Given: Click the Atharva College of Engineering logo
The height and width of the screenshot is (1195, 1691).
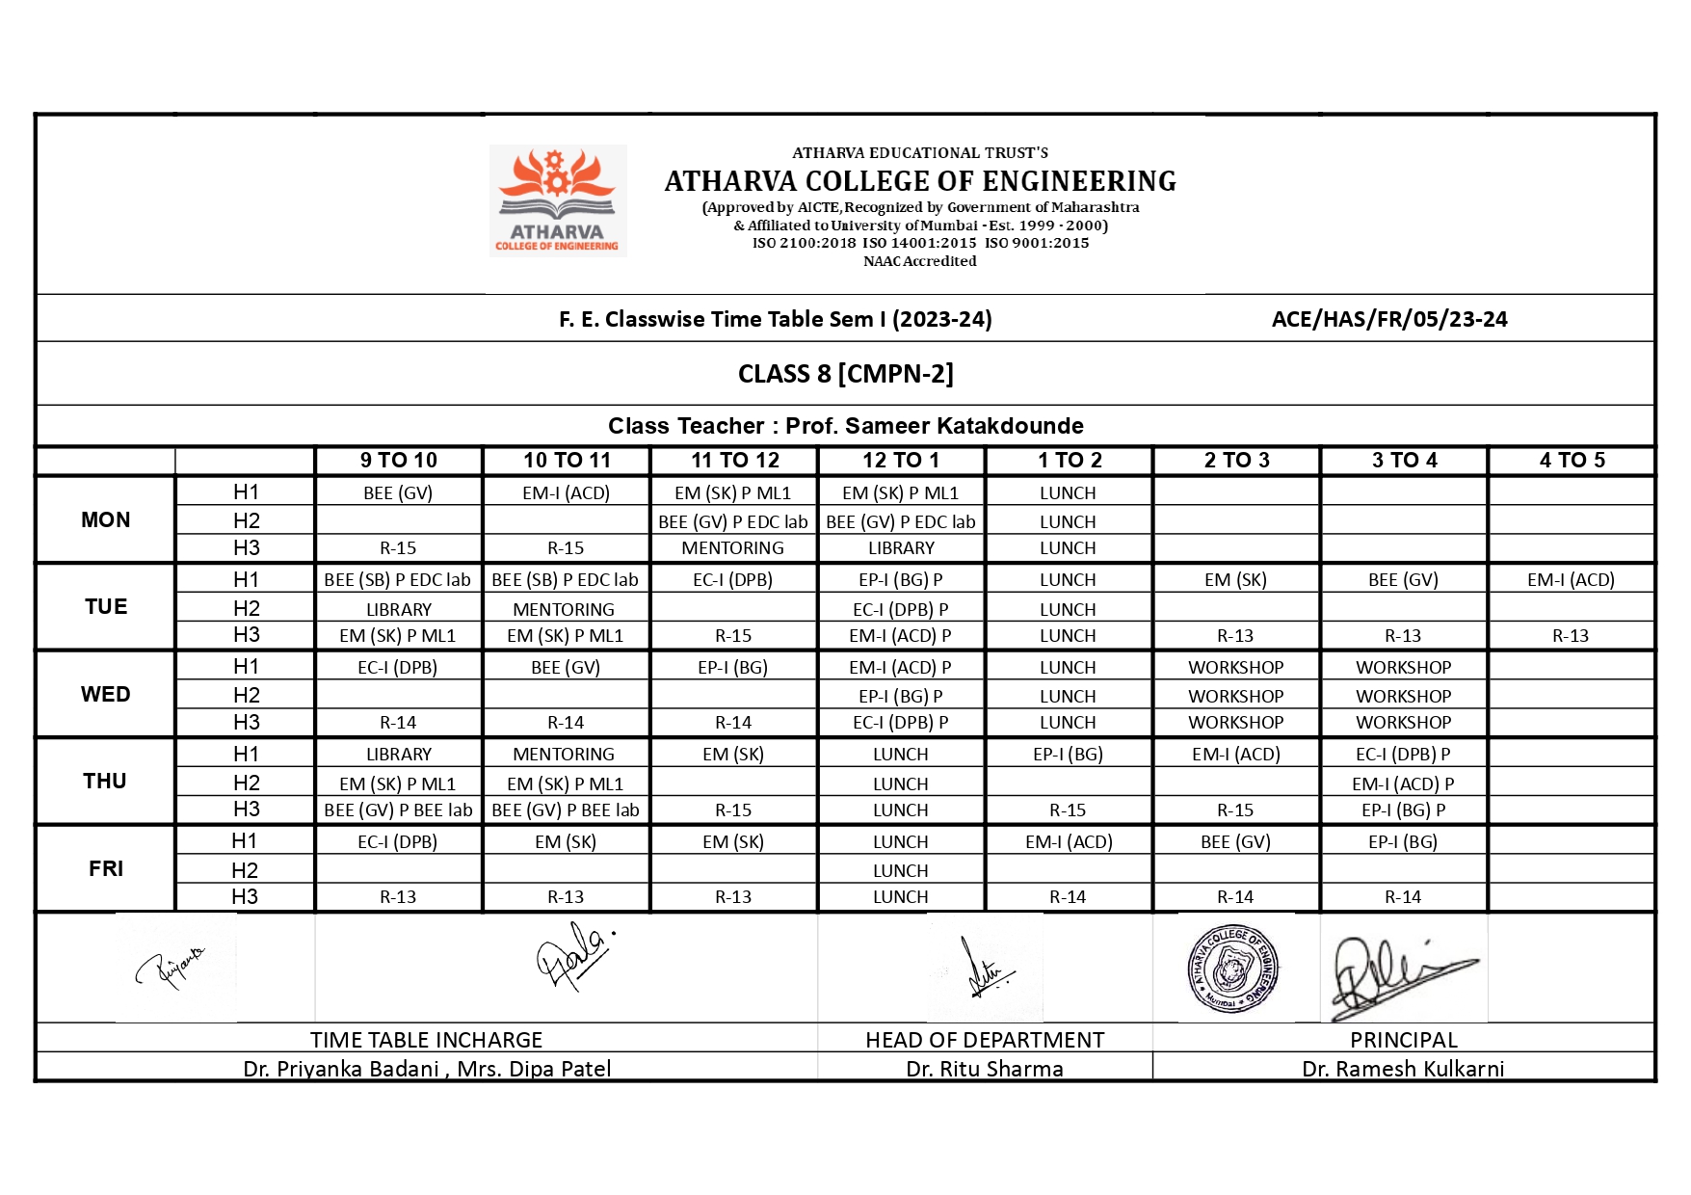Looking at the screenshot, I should [557, 200].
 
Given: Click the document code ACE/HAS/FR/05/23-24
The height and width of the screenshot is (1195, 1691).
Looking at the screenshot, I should [1388, 319].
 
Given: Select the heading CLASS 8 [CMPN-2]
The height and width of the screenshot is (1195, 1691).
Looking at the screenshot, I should [845, 374].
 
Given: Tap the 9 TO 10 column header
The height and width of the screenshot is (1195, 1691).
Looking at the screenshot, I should [398, 461].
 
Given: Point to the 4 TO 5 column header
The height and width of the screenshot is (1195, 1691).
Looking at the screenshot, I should [1572, 461].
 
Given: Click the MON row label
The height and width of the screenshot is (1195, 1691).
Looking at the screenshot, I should [105, 519].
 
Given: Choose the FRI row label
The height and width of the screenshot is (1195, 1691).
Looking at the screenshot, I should [105, 868].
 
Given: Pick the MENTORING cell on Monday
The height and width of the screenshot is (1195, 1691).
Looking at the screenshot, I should [732, 548].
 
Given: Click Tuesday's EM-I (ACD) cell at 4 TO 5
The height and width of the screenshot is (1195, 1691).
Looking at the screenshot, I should [1571, 580].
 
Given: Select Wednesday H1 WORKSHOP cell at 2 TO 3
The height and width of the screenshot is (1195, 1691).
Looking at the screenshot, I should [1235, 668].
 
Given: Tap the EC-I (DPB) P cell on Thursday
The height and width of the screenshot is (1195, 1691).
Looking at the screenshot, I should [1403, 755].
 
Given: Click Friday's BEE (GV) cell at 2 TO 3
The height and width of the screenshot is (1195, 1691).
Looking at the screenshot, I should [1235, 842].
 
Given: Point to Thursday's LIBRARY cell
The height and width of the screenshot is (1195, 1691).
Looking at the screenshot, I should [398, 755].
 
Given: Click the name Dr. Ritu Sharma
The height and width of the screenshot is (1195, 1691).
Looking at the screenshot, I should [984, 1069].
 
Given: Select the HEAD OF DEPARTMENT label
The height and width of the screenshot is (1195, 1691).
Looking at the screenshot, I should [984, 1040].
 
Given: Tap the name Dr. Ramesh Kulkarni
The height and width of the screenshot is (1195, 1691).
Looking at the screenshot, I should [1402, 1069].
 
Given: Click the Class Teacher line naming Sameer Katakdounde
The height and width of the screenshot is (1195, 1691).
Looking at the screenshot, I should [845, 426].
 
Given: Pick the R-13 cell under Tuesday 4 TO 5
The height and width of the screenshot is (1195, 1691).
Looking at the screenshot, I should [1571, 636].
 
